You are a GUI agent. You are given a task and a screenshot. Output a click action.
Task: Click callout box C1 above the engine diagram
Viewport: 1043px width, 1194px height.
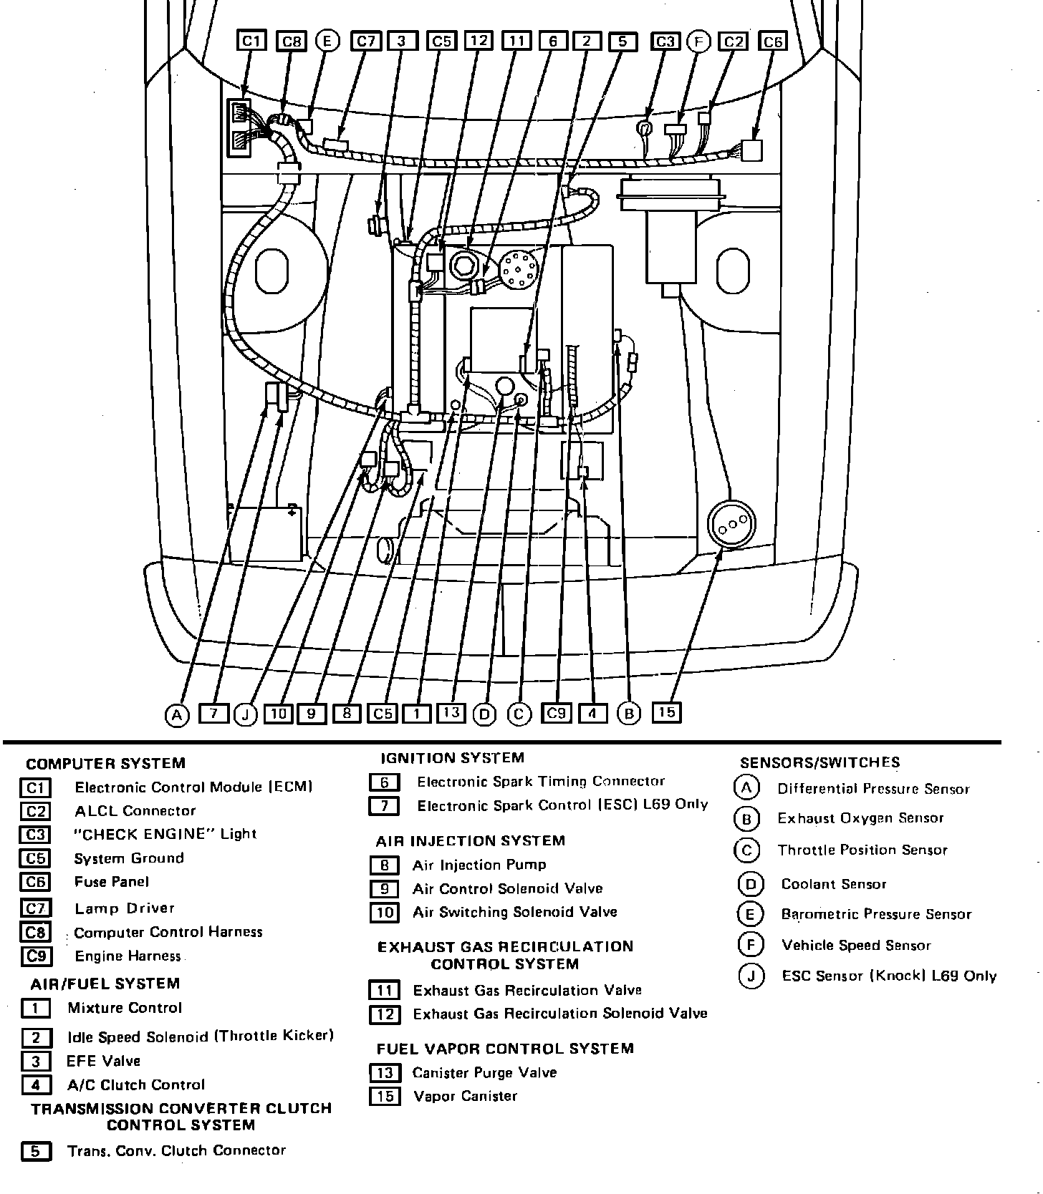click(x=251, y=42)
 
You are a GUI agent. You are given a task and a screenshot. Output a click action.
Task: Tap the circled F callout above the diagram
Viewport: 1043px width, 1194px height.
click(x=698, y=42)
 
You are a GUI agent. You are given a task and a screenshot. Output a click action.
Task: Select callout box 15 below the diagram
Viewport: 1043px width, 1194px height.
click(x=666, y=712)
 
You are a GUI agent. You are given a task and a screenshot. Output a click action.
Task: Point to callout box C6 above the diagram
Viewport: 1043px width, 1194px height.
click(x=773, y=42)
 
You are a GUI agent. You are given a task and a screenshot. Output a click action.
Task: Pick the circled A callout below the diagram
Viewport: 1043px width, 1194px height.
click(x=176, y=714)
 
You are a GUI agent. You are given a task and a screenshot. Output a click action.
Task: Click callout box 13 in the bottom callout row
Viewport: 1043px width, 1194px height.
click(x=451, y=712)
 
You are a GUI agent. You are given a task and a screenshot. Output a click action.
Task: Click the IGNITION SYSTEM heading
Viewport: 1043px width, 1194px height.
click(x=452, y=757)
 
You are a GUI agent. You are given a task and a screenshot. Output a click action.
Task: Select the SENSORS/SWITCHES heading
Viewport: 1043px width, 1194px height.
click(x=819, y=762)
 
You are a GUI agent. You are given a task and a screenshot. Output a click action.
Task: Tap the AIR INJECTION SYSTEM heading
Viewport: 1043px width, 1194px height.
click(x=471, y=840)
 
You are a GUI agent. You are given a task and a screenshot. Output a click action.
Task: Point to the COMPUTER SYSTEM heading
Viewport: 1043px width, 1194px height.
click(x=105, y=763)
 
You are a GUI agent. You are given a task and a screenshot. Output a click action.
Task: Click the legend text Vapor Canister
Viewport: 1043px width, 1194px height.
click(x=465, y=1096)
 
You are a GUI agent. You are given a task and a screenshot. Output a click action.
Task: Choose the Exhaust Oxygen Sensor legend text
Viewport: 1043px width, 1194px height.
click(x=860, y=818)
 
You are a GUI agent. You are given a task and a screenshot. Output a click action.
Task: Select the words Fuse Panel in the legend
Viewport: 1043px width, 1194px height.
click(x=112, y=882)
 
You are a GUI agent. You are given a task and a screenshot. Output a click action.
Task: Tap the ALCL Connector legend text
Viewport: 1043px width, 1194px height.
click(x=135, y=811)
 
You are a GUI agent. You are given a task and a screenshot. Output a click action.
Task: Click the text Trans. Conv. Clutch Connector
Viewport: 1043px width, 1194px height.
click(x=176, y=1150)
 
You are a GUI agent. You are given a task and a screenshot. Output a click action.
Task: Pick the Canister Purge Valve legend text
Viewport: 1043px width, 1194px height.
click(x=484, y=1072)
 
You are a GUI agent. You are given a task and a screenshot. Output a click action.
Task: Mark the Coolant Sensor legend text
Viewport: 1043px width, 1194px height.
click(x=834, y=884)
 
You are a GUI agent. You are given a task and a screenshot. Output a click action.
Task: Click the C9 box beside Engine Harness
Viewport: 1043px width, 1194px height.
click(x=36, y=956)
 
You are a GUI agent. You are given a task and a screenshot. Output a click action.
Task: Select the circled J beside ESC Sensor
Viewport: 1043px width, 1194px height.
click(x=751, y=976)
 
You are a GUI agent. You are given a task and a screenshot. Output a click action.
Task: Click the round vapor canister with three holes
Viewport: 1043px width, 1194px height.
click(x=731, y=525)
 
